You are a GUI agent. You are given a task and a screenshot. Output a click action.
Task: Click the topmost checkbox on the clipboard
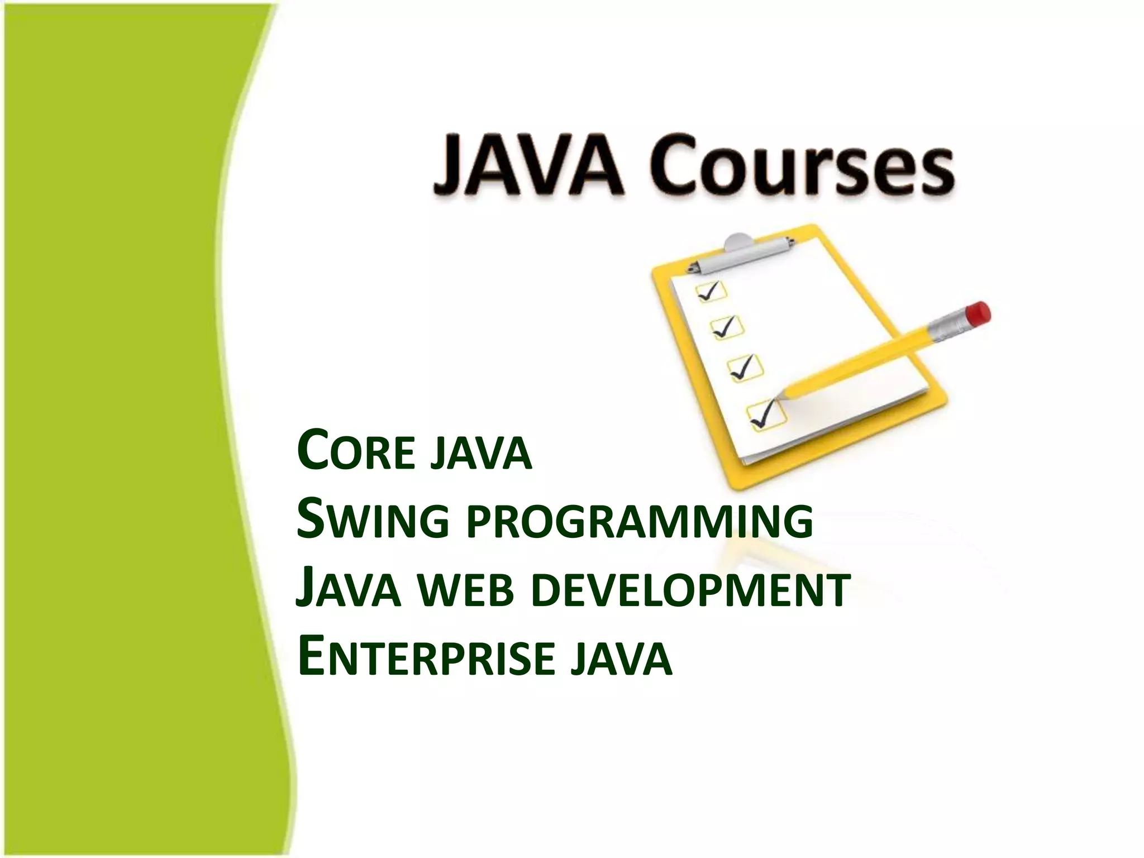click(710, 292)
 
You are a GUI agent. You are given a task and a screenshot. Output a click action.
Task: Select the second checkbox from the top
click(727, 327)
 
